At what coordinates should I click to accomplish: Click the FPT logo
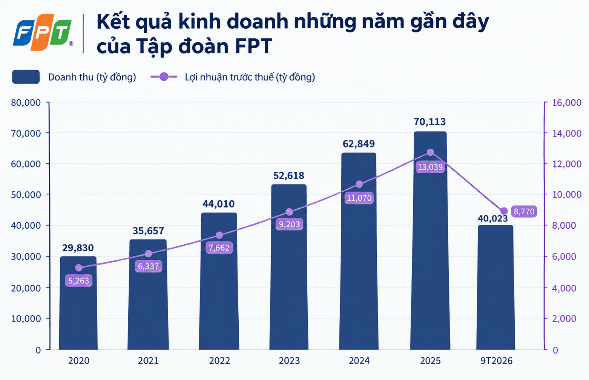(43, 32)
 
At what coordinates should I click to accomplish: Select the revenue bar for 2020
(78, 303)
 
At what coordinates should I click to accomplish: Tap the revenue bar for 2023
(289, 267)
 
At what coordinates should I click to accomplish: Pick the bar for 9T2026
(495, 288)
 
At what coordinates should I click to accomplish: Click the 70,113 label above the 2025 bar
(429, 122)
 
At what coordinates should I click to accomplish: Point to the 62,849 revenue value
(359, 144)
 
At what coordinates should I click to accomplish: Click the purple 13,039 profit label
(430, 167)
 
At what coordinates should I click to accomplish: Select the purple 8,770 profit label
(524, 211)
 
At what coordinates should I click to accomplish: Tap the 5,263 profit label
(78, 280)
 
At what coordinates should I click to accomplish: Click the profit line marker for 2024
(359, 184)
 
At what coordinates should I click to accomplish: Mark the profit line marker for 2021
(149, 254)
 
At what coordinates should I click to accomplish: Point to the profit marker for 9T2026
(504, 211)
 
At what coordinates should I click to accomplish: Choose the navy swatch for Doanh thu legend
(26, 77)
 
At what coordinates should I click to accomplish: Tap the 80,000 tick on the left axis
(26, 103)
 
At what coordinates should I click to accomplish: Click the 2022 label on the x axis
(219, 360)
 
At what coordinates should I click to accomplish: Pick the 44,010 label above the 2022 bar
(218, 204)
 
